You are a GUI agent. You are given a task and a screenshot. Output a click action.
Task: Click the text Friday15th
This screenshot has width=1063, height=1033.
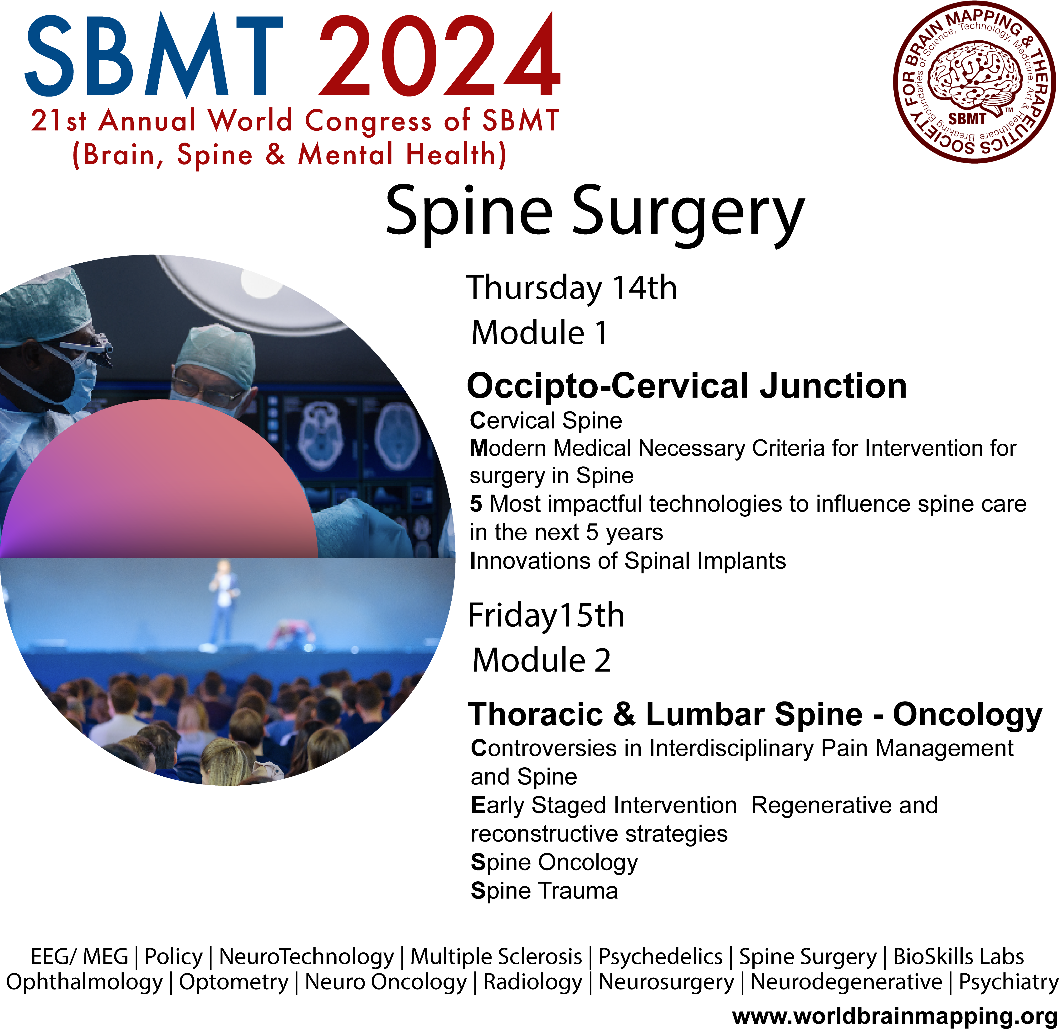coord(546,616)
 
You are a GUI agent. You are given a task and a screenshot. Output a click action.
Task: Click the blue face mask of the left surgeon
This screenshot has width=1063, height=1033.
coord(76,384)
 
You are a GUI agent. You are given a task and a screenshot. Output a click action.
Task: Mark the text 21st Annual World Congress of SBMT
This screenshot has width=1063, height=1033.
coord(295,120)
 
